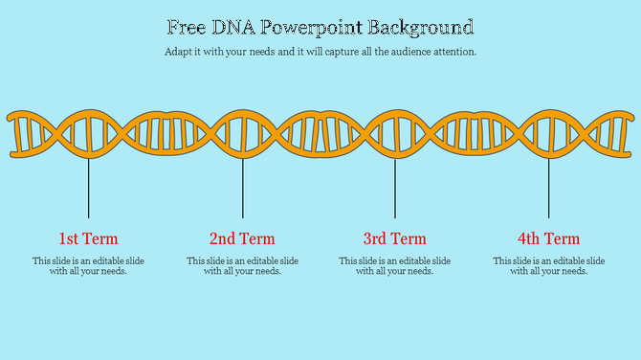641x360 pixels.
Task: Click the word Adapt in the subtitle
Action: point(178,52)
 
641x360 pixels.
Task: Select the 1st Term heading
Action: point(88,238)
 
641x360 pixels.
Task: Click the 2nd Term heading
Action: point(242,238)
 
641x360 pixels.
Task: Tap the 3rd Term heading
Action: point(395,238)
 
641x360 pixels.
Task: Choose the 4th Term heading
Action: point(549,238)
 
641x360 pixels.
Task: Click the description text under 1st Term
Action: point(88,265)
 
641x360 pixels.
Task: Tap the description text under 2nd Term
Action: point(242,265)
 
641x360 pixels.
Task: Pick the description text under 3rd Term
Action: point(395,265)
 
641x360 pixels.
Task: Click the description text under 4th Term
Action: point(549,265)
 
